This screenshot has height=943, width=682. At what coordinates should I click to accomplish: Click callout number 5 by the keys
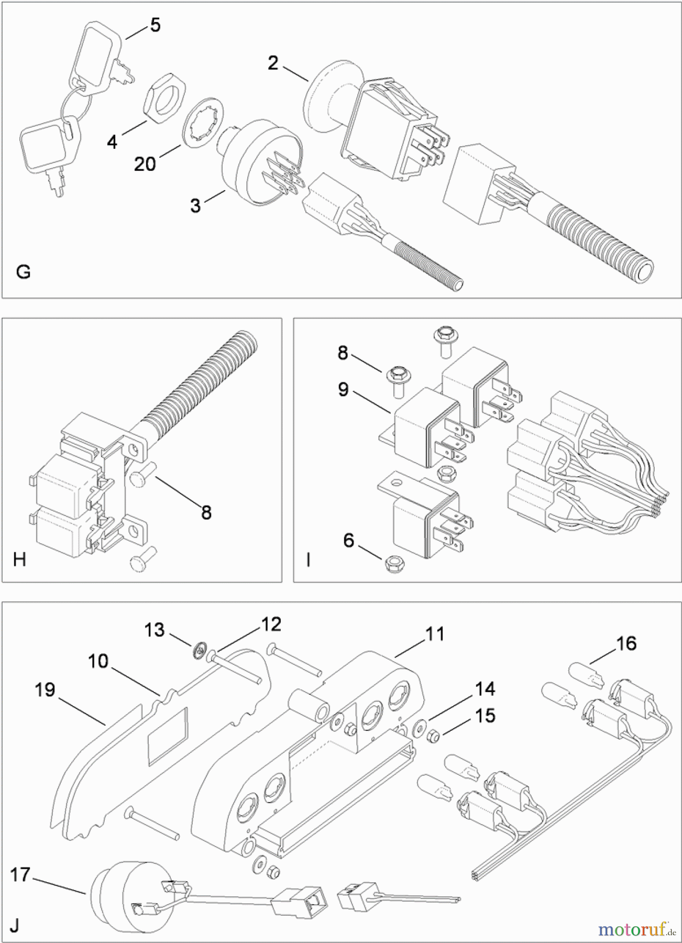coord(155,26)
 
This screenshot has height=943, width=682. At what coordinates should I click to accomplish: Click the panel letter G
coord(23,272)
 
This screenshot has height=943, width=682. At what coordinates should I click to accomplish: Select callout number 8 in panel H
coord(206,512)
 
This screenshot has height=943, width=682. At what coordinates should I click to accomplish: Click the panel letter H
coord(19,560)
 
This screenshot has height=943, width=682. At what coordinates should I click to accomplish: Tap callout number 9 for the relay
coord(343,390)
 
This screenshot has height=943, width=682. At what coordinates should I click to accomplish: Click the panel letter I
coord(309,560)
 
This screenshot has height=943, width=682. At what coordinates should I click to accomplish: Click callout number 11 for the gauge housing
coord(435,634)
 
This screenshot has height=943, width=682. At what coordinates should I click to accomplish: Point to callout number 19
coord(45,690)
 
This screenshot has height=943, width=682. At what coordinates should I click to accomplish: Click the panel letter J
coord(15,925)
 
